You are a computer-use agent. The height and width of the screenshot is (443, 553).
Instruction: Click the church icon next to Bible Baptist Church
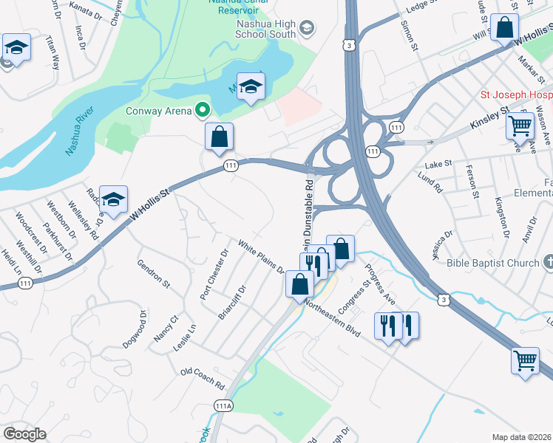[x=548, y=262]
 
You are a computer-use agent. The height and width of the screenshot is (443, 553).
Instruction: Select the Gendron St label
[x=154, y=272]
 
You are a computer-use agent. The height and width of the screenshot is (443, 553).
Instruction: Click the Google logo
[x=24, y=434]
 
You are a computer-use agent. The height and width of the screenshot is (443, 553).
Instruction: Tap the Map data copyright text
[x=522, y=437]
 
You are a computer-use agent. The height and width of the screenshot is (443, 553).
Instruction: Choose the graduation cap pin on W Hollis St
[x=113, y=199]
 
